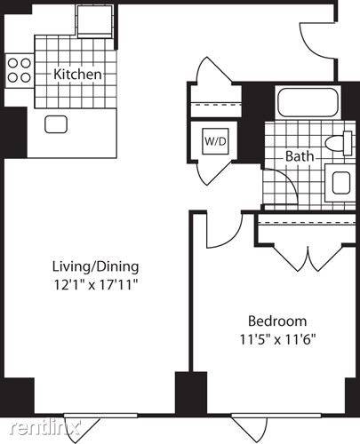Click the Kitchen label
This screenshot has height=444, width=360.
coord(77,74)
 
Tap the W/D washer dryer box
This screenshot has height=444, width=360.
coord(215,141)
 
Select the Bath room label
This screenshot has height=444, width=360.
coord(300,156)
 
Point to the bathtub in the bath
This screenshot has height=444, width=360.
coord(308,102)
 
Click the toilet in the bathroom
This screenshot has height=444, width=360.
coord(339,143)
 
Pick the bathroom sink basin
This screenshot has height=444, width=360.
coord(341,183)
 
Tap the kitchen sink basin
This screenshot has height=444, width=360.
coord(56,124)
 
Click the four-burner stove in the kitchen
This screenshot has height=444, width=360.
coord(20,70)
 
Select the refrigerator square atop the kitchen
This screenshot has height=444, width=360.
coord(95,21)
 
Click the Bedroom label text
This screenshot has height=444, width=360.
coord(277,321)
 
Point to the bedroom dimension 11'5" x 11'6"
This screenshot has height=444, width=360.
coord(277,339)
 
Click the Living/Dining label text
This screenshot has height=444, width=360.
coord(95,266)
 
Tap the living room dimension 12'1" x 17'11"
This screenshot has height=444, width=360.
coord(96,285)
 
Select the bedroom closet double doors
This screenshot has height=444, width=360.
coord(308,258)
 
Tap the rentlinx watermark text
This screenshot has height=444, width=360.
coord(45,428)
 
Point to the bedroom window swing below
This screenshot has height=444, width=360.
coord(250,431)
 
